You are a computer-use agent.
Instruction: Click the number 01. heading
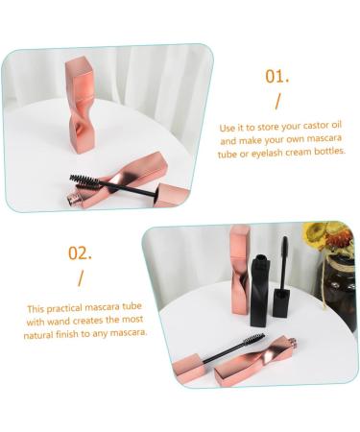pos(276,77)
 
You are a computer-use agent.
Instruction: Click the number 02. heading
pos(80,254)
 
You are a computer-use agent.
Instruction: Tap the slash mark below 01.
pos(278,103)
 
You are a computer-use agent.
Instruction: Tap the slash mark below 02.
pos(81,278)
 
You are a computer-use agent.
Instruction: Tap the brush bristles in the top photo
pos(86,179)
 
